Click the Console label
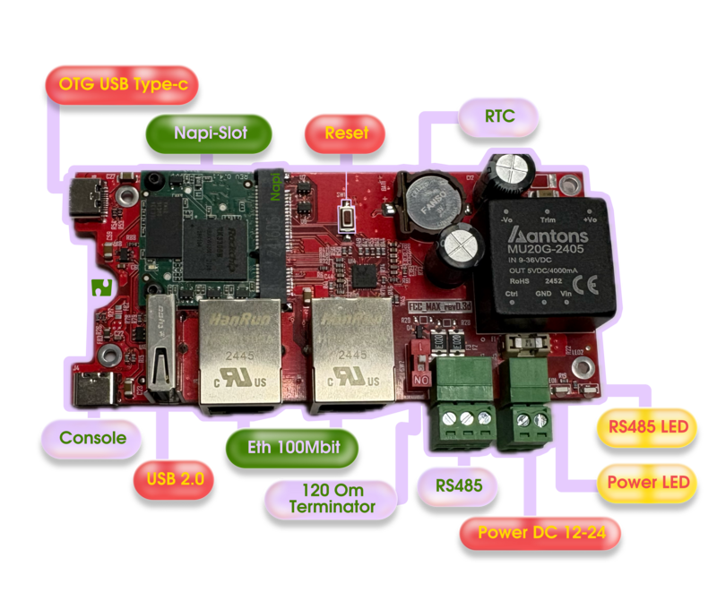[x=93, y=439]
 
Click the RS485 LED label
[x=645, y=426]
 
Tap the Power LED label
[x=646, y=482]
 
